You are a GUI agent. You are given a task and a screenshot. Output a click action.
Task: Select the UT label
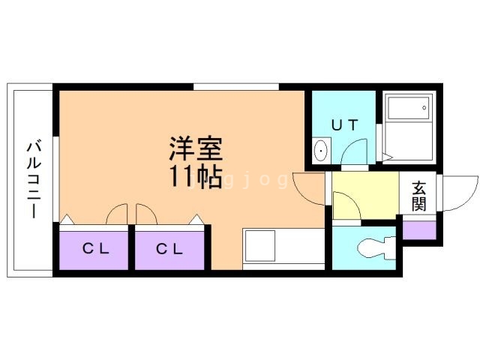pos(344,125)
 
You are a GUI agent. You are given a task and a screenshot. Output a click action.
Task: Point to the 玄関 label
pos(418,196)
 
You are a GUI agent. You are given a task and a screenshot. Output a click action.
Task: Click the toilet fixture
pos(375,247)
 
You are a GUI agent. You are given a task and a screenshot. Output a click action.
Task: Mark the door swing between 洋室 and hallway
pos(307,189)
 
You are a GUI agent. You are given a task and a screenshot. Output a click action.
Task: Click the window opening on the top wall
pos(235,87)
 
